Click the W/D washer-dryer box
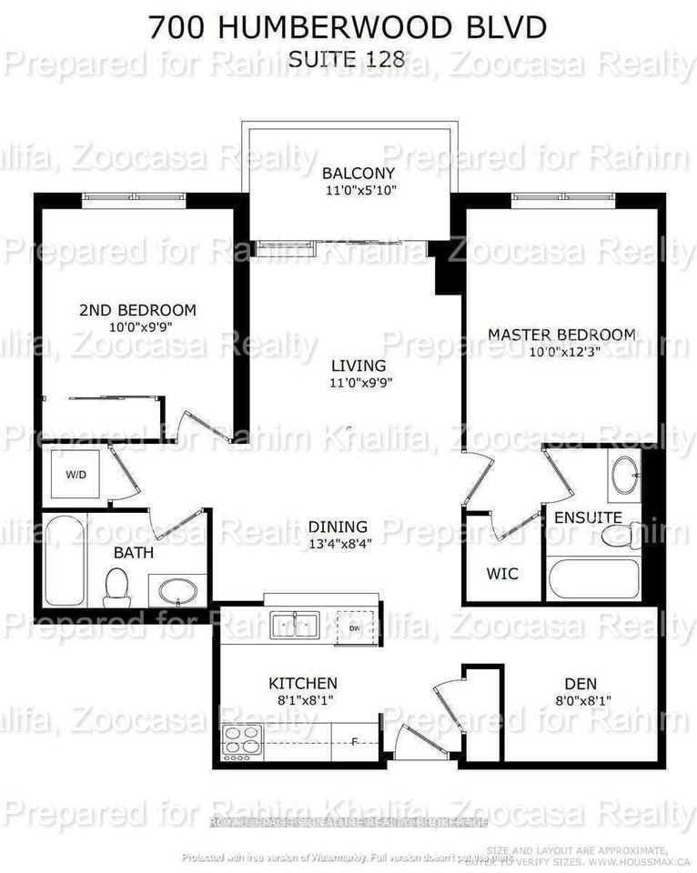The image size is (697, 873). (73, 473)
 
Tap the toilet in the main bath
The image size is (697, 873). (116, 587)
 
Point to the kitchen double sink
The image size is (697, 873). (294, 625)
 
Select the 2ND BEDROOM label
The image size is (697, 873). (137, 310)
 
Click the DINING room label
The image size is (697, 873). (338, 527)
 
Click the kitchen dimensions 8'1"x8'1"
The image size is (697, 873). (302, 700)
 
